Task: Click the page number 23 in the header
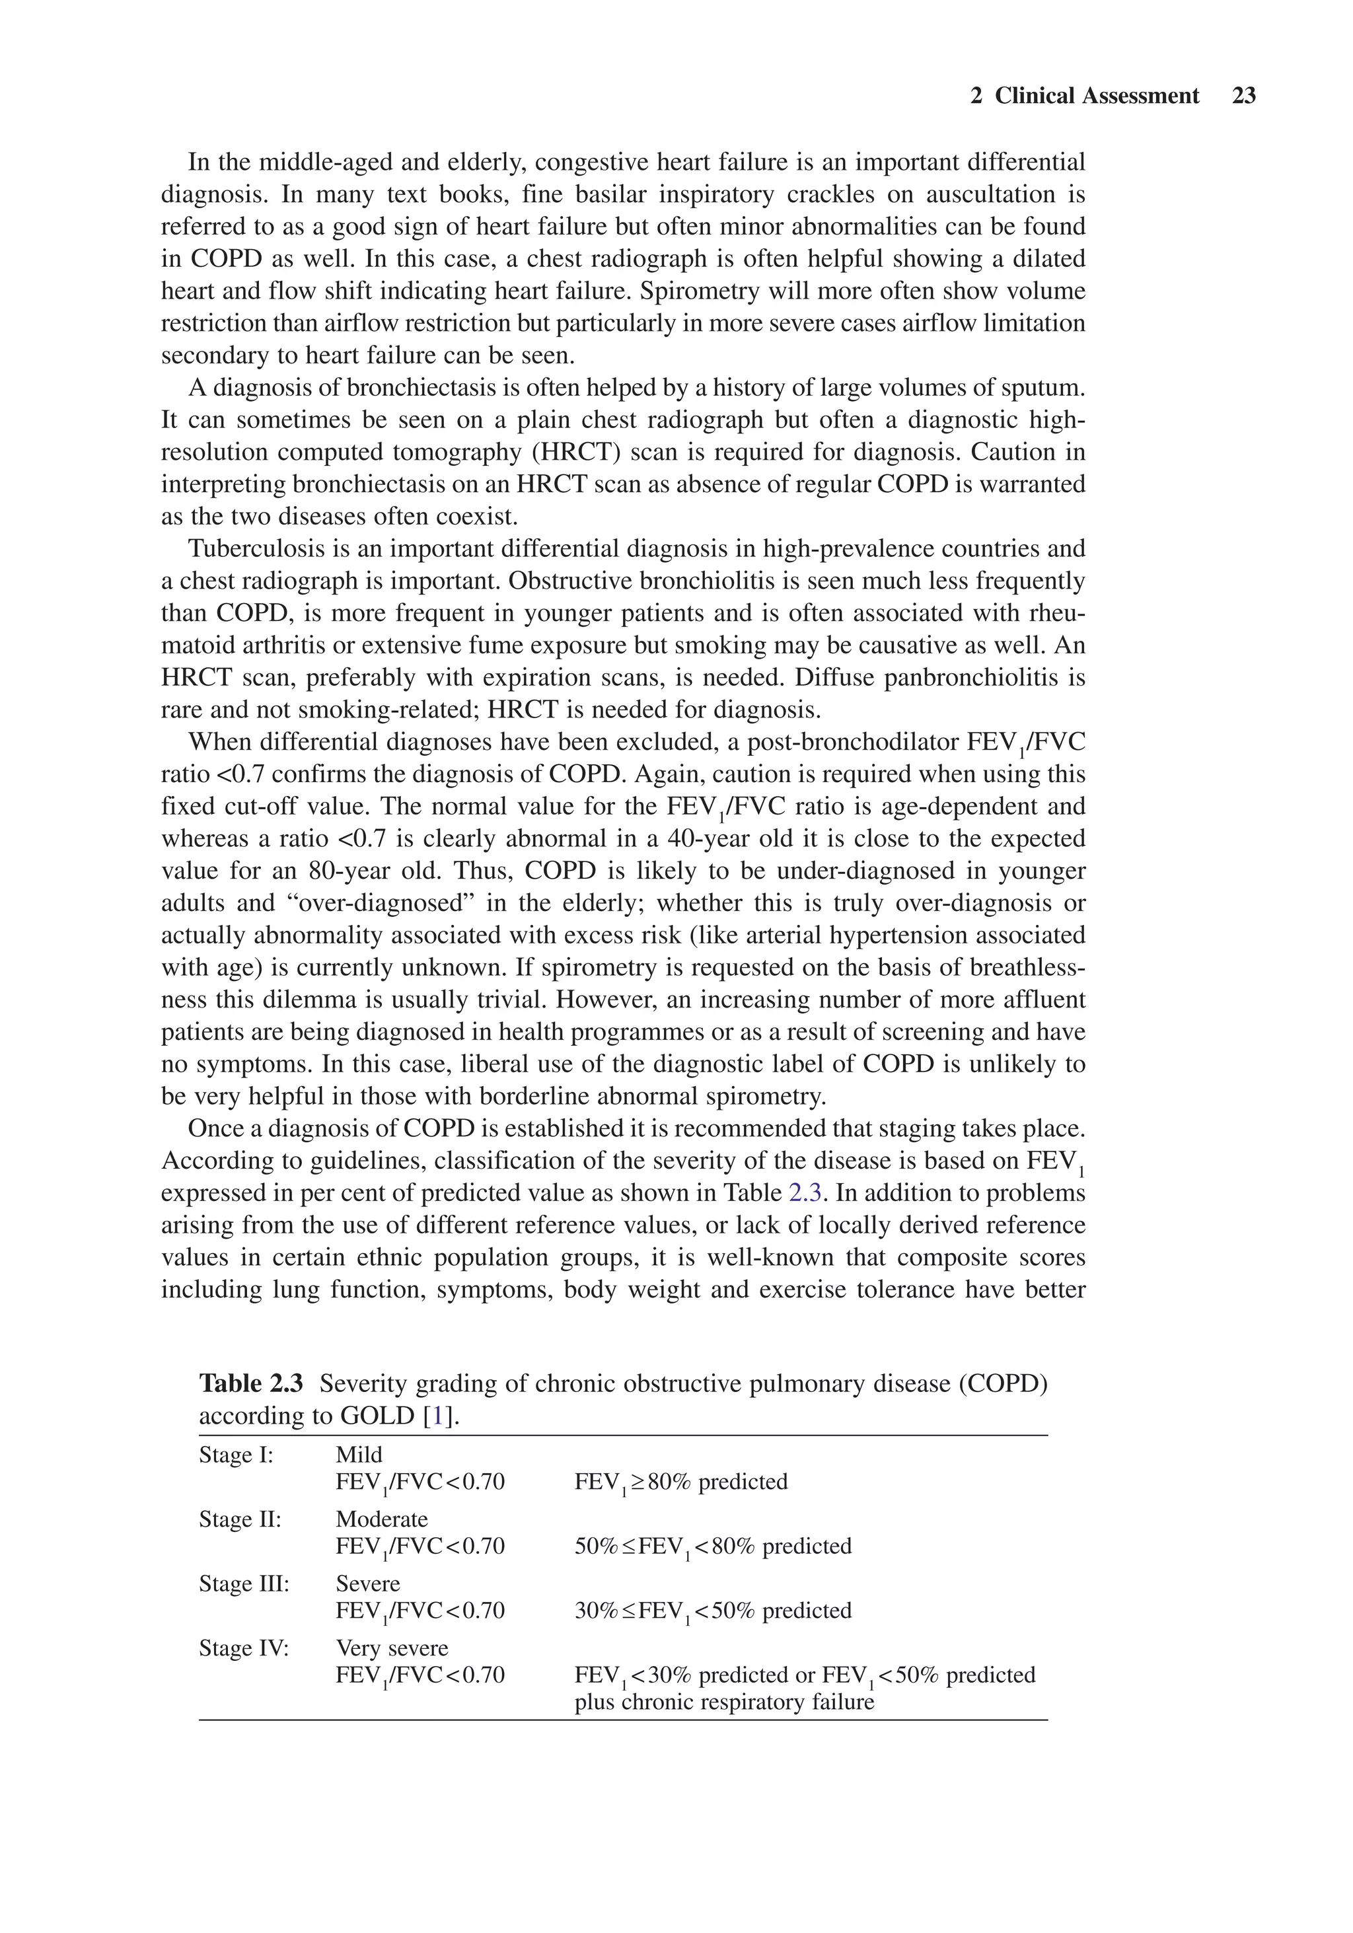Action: [x=1243, y=96]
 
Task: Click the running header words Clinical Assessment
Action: [x=1096, y=96]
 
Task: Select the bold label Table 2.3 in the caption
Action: [x=250, y=1383]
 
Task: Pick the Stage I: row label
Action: [x=236, y=1455]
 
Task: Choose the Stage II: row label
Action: [x=239, y=1519]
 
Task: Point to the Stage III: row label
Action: [x=243, y=1584]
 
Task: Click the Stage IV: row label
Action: [x=243, y=1648]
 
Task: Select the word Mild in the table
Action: [x=359, y=1455]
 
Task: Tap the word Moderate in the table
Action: [x=381, y=1519]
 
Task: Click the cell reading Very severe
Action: [x=392, y=1648]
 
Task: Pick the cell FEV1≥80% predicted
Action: [x=680, y=1482]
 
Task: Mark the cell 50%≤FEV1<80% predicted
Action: [x=712, y=1547]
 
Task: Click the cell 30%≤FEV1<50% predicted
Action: [x=712, y=1611]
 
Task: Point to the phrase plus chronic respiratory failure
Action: [x=724, y=1702]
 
